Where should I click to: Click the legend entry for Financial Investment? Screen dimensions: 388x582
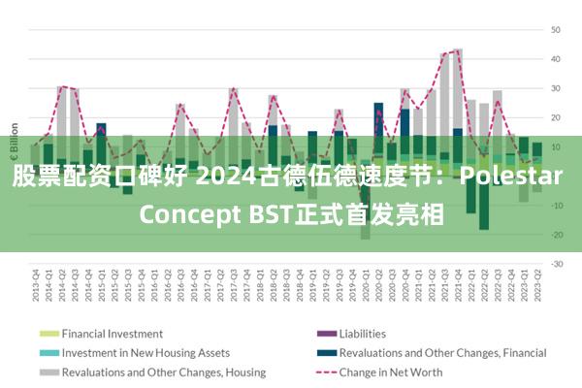pyautogui.click(x=113, y=334)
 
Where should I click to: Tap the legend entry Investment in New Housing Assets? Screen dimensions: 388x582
pyautogui.click(x=145, y=353)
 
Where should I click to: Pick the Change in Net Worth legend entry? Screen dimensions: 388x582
pyautogui.click(x=391, y=372)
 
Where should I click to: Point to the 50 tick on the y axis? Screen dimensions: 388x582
pyautogui.click(x=557, y=30)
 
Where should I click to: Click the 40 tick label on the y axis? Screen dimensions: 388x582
pyautogui.click(x=557, y=59)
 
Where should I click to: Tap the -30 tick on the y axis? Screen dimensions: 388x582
pyautogui.click(x=557, y=263)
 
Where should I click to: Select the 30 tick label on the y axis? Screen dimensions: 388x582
pyautogui.click(x=557, y=88)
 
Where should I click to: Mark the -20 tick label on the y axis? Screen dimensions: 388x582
pyautogui.click(x=557, y=234)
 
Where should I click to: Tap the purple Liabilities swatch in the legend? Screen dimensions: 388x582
pyautogui.click(x=325, y=334)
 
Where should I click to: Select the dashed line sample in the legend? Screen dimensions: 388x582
pyautogui.click(x=325, y=372)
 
